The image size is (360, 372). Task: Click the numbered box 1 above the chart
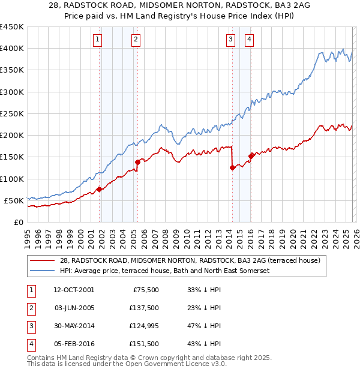pos(98,40)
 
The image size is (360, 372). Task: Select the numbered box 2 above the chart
pos(136,40)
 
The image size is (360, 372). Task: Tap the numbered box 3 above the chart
pos(230,40)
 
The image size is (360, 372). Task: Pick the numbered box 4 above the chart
pos(248,40)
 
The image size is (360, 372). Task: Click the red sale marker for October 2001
pos(100,189)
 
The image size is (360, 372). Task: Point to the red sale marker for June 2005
pos(137,162)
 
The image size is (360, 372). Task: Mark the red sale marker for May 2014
pos(232,168)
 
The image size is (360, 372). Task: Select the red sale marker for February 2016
pos(250,156)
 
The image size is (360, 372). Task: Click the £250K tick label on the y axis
pos(12,113)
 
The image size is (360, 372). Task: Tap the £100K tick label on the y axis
pos(12,179)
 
